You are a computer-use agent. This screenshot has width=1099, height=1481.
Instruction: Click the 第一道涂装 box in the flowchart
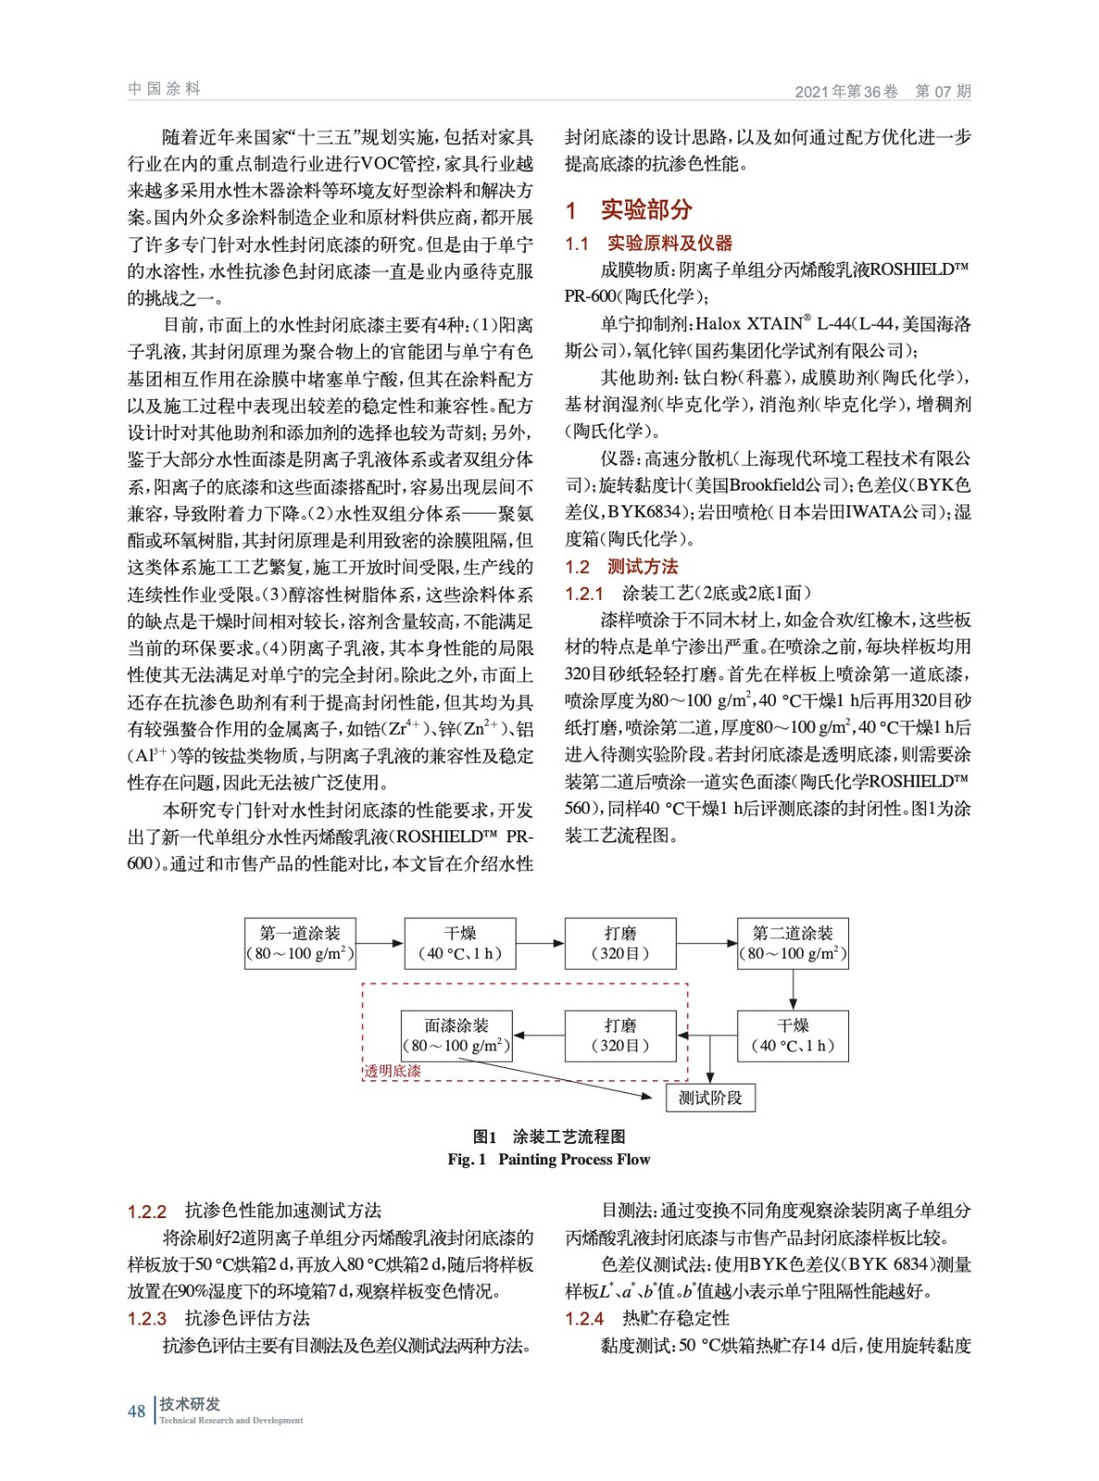click(300, 943)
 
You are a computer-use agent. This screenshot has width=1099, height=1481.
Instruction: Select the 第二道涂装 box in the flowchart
click(793, 943)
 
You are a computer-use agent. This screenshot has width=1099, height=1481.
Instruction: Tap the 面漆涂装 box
click(456, 1036)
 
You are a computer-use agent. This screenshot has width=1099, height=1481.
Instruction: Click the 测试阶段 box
click(710, 1098)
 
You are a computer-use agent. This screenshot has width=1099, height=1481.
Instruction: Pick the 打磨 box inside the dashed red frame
click(620, 1036)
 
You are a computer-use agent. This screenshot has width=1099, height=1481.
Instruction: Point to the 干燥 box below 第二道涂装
click(793, 1036)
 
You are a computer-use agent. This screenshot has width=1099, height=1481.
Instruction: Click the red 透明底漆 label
click(393, 1071)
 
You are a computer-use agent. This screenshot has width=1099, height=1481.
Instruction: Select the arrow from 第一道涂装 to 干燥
click(380, 943)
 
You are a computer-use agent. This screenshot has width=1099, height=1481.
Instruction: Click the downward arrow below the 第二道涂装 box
click(793, 989)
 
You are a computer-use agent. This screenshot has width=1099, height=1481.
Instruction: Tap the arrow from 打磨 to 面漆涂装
click(538, 1036)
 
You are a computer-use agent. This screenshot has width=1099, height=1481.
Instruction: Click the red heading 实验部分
click(646, 210)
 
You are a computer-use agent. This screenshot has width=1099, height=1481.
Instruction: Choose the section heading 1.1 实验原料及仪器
click(648, 243)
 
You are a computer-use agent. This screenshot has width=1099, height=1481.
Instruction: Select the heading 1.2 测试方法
click(622, 566)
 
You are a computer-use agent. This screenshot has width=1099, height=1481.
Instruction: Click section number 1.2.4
click(584, 1318)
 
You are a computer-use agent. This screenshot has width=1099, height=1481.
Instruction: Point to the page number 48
click(136, 1411)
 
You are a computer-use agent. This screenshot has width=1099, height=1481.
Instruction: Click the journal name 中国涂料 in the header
click(164, 89)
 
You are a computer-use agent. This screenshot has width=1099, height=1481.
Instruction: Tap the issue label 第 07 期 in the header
click(943, 92)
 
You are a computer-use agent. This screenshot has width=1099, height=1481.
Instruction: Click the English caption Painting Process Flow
click(574, 1159)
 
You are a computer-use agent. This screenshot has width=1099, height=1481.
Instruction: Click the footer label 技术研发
click(190, 1403)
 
